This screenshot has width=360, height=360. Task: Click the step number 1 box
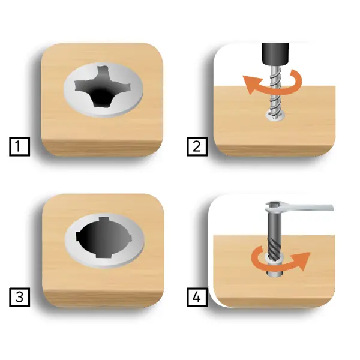[20, 146]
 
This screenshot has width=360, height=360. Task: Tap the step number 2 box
[197, 146]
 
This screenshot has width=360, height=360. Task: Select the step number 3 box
[20, 297]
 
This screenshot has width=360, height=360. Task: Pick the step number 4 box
[197, 297]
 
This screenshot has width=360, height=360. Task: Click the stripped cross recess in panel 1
[103, 88]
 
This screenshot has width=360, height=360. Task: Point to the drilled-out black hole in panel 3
[103, 238]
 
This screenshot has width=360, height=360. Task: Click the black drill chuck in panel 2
[275, 53]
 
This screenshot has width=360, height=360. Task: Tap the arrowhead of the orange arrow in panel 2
[252, 85]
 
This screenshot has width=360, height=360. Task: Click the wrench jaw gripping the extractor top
[274, 206]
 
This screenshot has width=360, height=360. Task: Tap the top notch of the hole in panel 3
[103, 219]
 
